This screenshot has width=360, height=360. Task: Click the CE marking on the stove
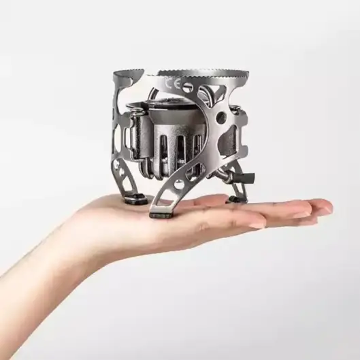172,84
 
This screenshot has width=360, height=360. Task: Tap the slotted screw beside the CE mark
188,86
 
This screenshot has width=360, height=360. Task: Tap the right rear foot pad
236,200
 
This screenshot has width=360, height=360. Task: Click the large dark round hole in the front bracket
222,116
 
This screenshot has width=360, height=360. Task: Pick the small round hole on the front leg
178,184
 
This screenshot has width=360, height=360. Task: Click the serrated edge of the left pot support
128,71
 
